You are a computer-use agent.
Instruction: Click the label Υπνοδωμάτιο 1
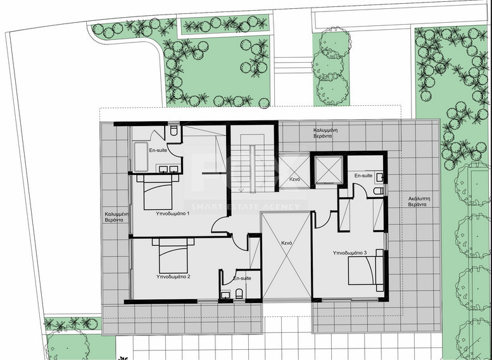[173, 215]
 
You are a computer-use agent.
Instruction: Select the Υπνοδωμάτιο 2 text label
[173, 276]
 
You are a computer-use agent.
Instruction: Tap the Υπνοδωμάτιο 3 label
[350, 253]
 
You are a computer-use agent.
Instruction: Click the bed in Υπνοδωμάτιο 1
[158, 191]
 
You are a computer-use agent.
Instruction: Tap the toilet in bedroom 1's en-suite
[173, 131]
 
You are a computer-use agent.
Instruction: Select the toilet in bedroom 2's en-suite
[239, 292]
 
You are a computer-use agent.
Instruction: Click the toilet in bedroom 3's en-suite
[378, 190]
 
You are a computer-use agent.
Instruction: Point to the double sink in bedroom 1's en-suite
[168, 169]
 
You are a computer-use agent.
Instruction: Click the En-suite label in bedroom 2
[241, 278]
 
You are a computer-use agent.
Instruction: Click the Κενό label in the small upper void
[294, 180]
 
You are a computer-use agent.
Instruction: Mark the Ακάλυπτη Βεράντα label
[419, 202]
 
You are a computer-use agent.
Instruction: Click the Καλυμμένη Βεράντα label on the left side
[117, 218]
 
